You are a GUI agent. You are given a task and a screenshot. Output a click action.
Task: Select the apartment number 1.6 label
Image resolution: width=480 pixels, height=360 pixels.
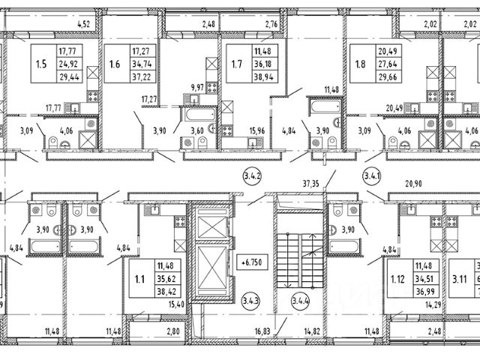(115, 64)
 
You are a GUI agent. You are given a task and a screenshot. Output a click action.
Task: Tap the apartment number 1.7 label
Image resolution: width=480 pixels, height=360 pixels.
(236, 64)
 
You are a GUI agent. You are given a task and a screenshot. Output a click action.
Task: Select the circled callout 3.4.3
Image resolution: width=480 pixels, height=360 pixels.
(251, 303)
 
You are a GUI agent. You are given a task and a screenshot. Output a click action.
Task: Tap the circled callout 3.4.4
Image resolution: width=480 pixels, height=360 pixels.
(300, 303)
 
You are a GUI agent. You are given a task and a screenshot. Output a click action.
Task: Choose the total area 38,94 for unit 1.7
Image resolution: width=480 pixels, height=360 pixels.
(263, 76)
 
